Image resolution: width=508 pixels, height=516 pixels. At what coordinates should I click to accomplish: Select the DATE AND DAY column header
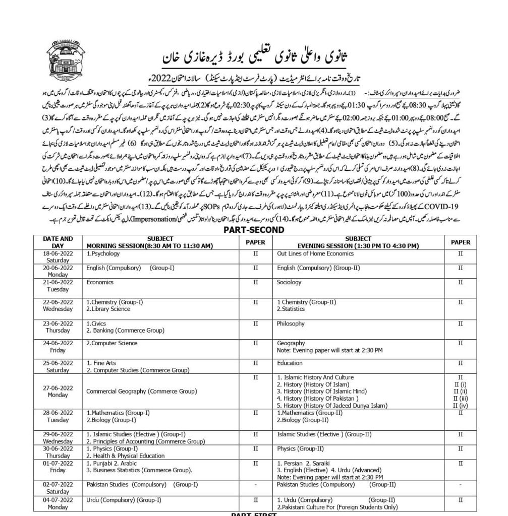coord(58,242)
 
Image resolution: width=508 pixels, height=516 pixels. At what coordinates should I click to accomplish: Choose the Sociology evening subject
coord(290,283)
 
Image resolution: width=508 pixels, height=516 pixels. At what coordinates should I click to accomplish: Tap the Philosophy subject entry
coord(291,324)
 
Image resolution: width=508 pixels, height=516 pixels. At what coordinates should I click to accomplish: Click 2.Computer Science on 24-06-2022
coord(111,343)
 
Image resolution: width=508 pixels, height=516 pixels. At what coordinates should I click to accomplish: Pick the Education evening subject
coord(290,363)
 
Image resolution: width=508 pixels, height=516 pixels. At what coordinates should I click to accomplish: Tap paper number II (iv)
coord(460,405)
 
